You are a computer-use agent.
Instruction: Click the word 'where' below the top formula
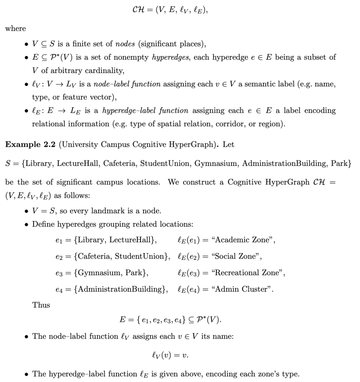click(x=15, y=29)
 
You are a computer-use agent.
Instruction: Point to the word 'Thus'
click(x=41, y=305)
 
